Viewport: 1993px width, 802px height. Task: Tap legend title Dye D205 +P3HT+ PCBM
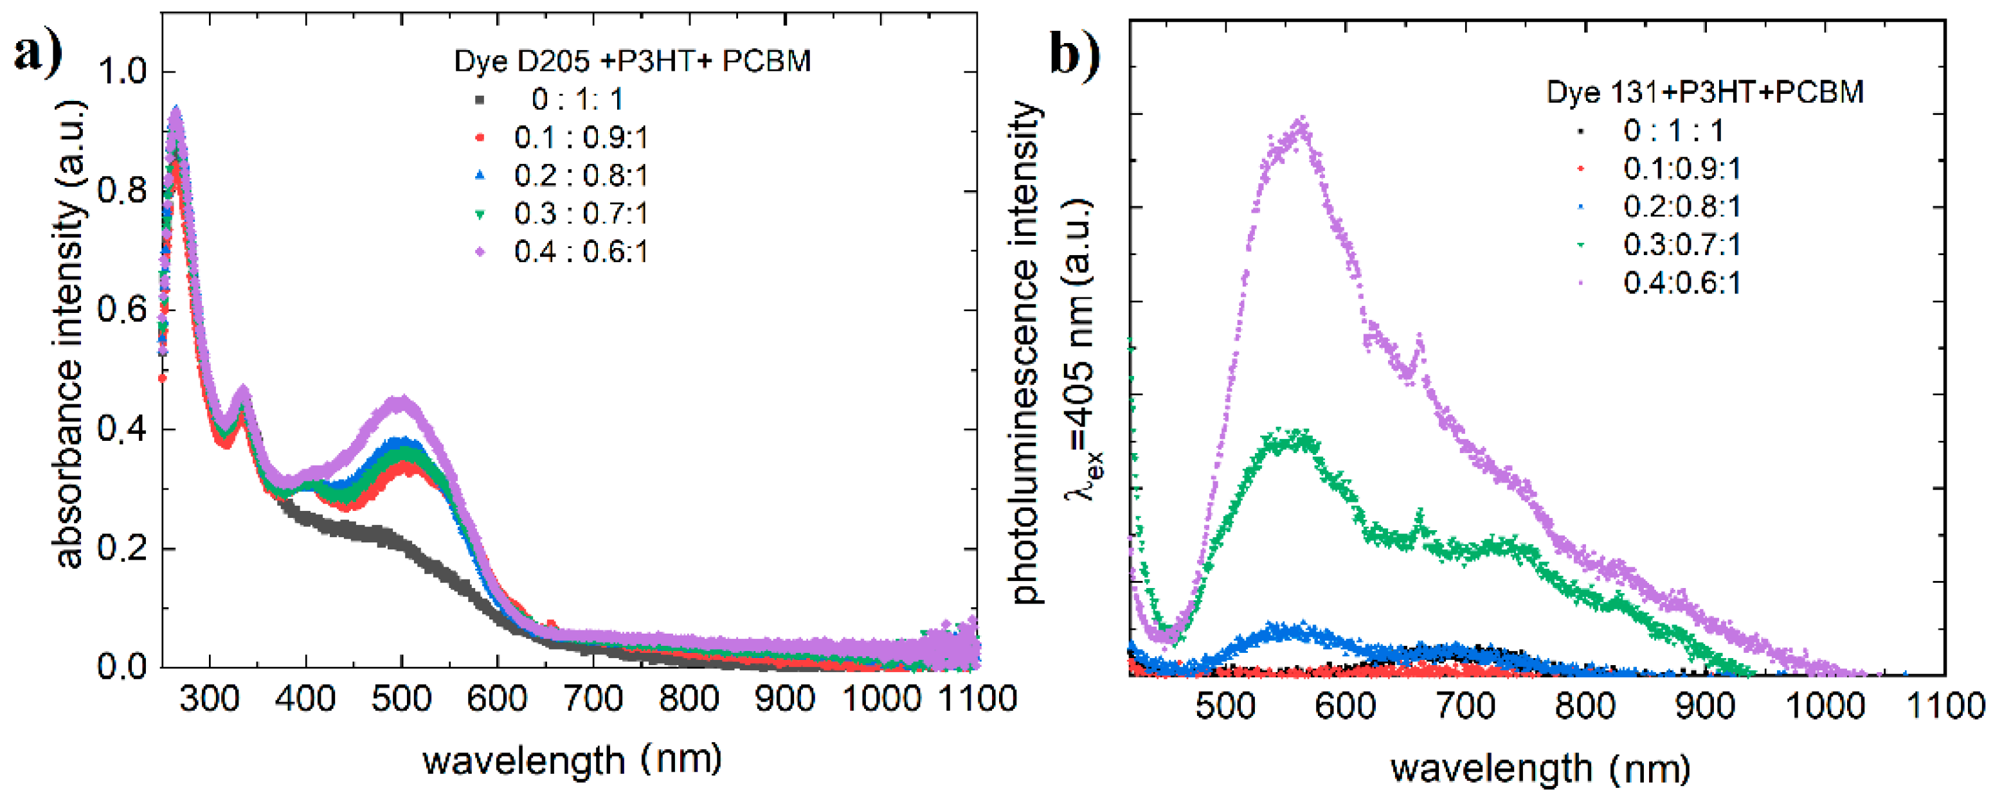point(632,61)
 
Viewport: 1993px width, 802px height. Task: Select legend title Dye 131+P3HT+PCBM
point(1704,92)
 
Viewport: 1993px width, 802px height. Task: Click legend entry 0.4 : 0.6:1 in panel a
point(581,252)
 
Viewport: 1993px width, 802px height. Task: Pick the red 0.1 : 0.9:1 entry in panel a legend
point(581,138)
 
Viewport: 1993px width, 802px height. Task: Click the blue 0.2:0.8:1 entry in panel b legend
point(1682,206)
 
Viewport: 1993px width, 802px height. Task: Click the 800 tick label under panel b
point(1585,706)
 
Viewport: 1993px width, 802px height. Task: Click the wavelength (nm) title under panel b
point(1540,769)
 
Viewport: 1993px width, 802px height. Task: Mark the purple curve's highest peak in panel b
point(1302,122)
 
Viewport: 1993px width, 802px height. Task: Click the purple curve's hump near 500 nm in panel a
point(400,402)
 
